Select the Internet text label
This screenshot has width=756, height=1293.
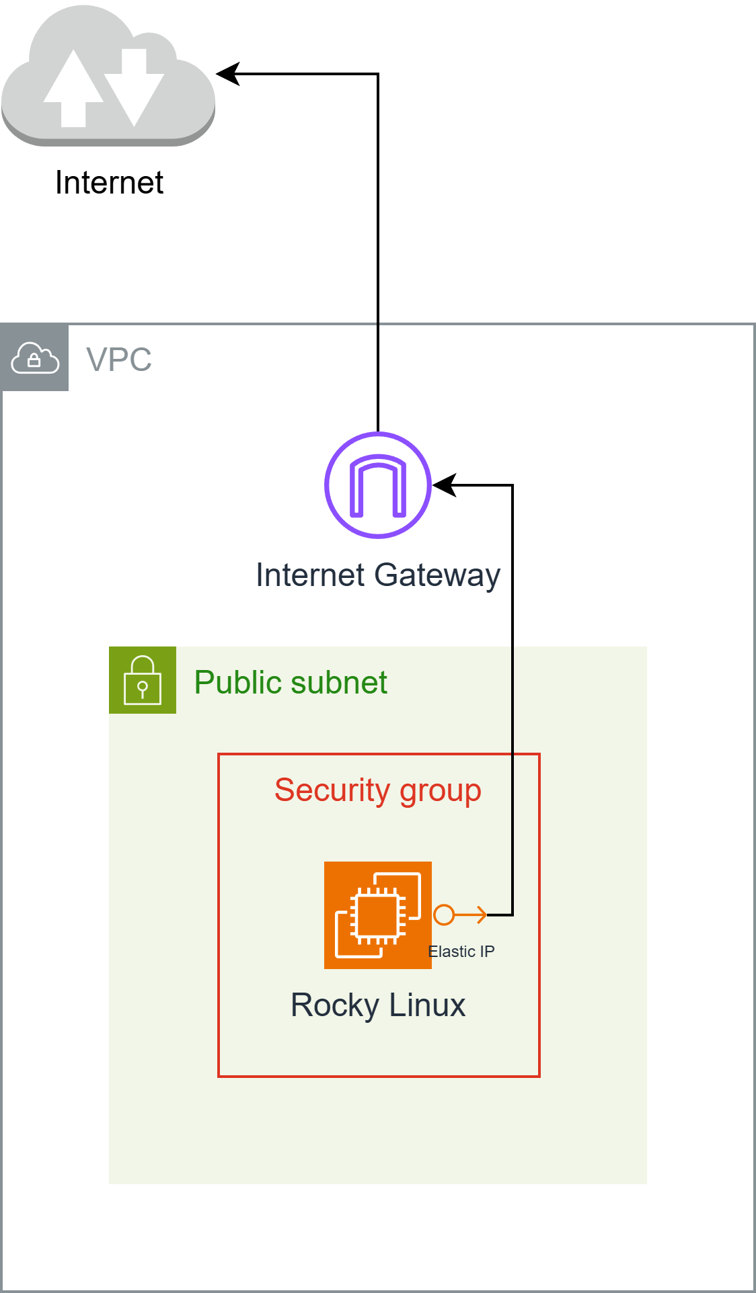[x=109, y=183]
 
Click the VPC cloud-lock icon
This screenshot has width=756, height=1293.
[x=35, y=358]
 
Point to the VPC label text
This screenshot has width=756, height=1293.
[x=119, y=360]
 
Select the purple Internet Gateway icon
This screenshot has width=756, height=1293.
[x=378, y=485]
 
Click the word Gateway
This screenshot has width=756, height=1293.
[x=437, y=576]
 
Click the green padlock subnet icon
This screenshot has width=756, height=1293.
[x=143, y=680]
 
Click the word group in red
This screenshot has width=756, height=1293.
[x=441, y=792]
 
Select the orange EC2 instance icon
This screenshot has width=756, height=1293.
[x=378, y=915]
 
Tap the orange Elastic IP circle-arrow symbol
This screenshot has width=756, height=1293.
[x=460, y=915]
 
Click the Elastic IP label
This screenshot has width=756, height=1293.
[x=461, y=952]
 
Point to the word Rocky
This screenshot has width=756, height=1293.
[x=335, y=1006]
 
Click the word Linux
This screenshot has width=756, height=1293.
[x=427, y=1005]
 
